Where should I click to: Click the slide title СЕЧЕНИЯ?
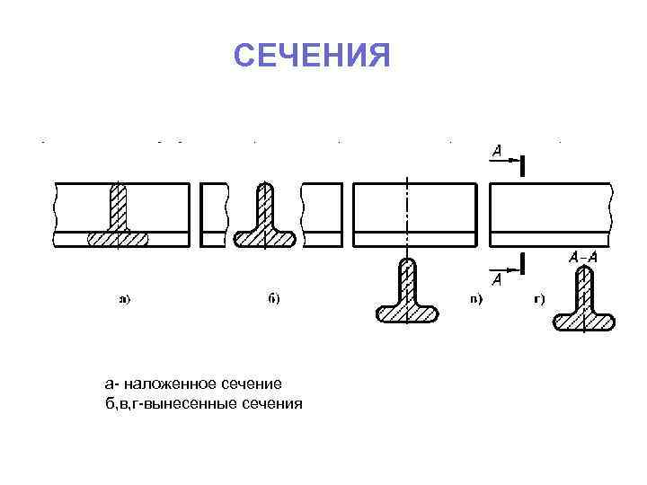click(x=312, y=57)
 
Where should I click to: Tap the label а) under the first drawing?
click(x=125, y=299)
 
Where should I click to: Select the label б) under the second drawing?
click(x=274, y=299)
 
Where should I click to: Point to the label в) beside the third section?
click(x=476, y=299)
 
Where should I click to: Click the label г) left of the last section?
click(x=539, y=299)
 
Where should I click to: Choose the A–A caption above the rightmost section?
click(x=584, y=258)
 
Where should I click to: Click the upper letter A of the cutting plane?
click(x=497, y=152)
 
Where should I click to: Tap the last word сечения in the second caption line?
click(x=273, y=403)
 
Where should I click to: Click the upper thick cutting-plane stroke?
click(x=523, y=165)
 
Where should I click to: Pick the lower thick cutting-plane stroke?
click(x=523, y=263)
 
